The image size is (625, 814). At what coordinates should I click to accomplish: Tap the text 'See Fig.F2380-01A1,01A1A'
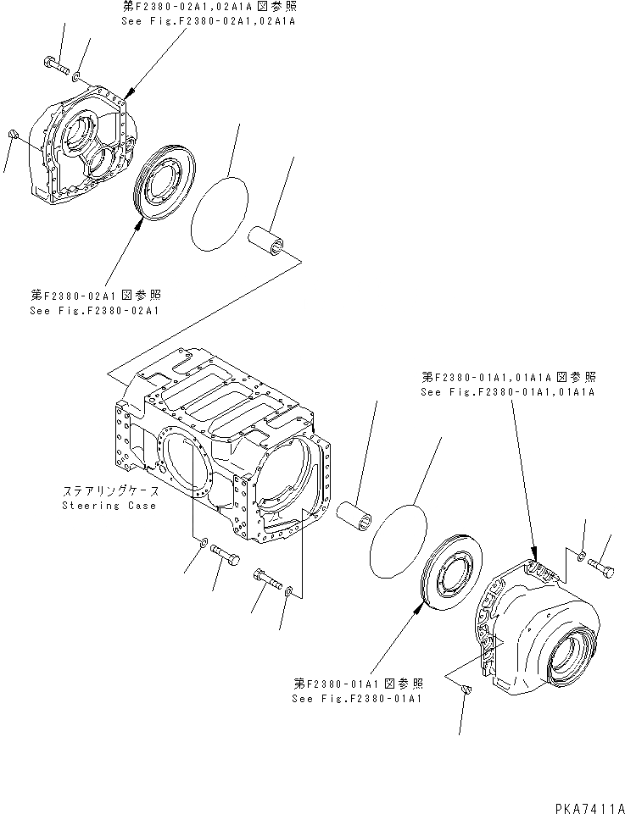coord(506,393)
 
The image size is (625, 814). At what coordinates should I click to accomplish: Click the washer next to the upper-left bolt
coord(78,77)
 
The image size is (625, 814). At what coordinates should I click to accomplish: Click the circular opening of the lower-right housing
coord(572,653)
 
